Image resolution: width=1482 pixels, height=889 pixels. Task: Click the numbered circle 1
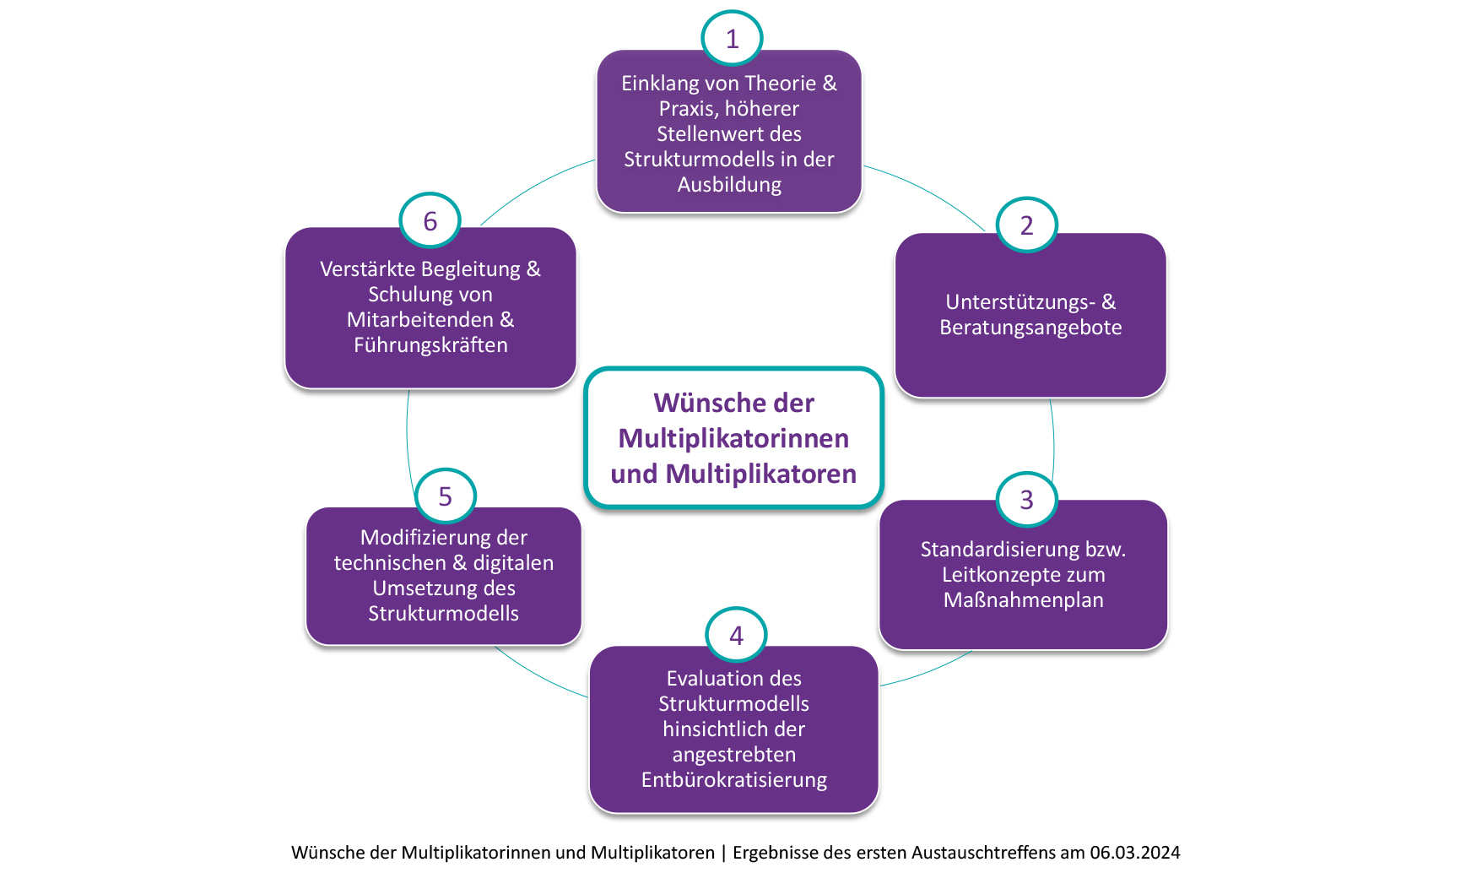pyautogui.click(x=732, y=39)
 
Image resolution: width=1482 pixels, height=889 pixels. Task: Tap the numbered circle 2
pyautogui.click(x=1026, y=225)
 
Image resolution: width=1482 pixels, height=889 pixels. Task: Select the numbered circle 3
pyautogui.click(x=1026, y=500)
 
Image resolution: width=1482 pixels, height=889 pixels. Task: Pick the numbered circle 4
pyautogui.click(x=736, y=635)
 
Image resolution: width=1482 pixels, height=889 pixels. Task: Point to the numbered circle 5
pyautogui.click(x=445, y=496)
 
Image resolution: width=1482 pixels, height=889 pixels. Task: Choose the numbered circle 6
pyautogui.click(x=430, y=221)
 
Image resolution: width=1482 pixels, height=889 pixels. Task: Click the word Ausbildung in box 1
pyautogui.click(x=729, y=185)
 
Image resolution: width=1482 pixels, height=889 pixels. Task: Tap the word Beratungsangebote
pyautogui.click(x=1030, y=328)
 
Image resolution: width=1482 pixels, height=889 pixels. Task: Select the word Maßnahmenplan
pyautogui.click(x=1023, y=600)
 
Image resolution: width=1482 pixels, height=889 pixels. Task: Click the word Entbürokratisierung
pyautogui.click(x=733, y=780)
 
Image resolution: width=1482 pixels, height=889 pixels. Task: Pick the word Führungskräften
pyautogui.click(x=430, y=345)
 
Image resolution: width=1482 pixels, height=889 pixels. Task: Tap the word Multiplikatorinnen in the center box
pyautogui.click(x=733, y=439)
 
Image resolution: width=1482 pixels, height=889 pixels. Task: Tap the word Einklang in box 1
pyautogui.click(x=660, y=84)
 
